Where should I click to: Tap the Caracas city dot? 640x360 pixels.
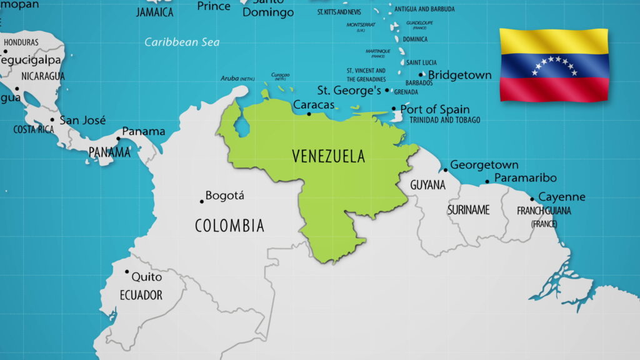click(x=309, y=114)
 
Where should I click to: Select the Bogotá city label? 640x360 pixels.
click(x=225, y=196)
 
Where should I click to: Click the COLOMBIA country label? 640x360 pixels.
click(x=229, y=226)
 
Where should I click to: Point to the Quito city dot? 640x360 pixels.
click(x=127, y=272)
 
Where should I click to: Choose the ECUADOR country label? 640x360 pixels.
click(x=141, y=295)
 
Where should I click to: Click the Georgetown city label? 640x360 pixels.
click(x=484, y=165)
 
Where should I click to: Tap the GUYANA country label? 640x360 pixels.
click(x=427, y=186)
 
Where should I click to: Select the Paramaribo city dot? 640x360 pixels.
click(x=487, y=182)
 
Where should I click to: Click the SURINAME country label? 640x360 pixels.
click(x=468, y=211)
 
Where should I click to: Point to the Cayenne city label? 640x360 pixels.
click(x=562, y=197)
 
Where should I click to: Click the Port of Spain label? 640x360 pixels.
click(x=435, y=109)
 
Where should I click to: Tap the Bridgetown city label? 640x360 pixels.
click(x=459, y=75)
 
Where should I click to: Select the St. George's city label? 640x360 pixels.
click(x=349, y=91)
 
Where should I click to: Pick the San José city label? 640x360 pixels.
click(x=82, y=120)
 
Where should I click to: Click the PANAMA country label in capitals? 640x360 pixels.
click(x=109, y=152)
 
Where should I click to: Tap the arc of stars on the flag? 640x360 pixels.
click(x=554, y=65)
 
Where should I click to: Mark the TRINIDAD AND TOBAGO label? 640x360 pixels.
click(x=445, y=120)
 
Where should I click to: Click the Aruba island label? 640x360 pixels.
click(x=230, y=78)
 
